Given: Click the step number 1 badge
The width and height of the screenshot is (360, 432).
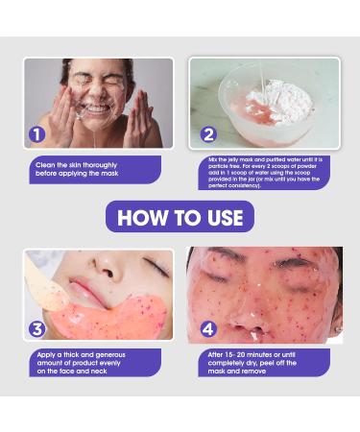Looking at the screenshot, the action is [37, 134].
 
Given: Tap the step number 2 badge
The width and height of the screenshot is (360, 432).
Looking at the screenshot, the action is [208, 134].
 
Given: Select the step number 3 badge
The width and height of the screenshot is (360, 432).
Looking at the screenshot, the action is [37, 329].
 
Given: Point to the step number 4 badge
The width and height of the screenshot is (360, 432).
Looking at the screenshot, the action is [208, 329].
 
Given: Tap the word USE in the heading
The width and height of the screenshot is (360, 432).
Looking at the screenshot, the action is [225, 218].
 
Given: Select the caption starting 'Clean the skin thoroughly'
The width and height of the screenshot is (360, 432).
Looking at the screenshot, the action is [77, 169].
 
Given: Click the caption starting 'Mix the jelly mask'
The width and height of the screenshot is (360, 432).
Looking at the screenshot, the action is [265, 173].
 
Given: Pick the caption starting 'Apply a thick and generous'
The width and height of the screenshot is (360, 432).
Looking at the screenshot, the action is [81, 363].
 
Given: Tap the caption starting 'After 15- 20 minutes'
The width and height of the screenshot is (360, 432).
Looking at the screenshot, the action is [252, 363].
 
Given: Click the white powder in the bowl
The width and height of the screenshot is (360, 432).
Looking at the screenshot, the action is [280, 99].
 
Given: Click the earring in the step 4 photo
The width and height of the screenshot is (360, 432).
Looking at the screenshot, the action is [337, 329].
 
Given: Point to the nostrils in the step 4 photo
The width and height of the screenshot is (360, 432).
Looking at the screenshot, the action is [248, 329].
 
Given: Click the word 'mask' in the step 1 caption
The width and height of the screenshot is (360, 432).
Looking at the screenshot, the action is [109, 174].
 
